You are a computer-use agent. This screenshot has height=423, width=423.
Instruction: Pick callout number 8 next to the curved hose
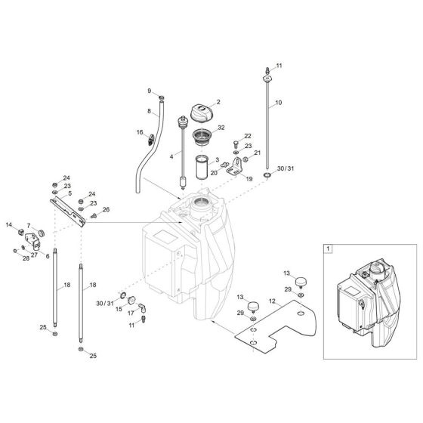[x=150, y=111]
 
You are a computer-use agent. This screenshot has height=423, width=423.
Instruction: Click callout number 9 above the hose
[x=150, y=91]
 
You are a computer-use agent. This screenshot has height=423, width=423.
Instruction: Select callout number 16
[x=140, y=132]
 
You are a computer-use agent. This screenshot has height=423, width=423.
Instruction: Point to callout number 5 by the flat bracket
[x=69, y=193]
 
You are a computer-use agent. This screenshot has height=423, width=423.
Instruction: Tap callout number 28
[x=24, y=258]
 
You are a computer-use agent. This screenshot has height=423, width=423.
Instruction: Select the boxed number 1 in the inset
[x=327, y=249]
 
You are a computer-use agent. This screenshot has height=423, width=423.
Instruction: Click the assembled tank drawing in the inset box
[x=365, y=298]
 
